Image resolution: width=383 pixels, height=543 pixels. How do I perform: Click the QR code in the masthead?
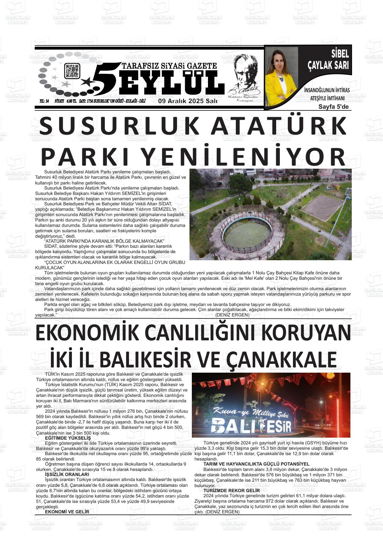(72, 71)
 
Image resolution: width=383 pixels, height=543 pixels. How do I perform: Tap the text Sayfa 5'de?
(334, 107)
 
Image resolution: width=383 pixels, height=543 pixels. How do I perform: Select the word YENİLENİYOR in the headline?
(242, 157)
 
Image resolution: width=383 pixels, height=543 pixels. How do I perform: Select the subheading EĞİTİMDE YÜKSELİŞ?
(68, 438)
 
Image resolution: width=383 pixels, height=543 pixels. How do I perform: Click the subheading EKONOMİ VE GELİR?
(67, 512)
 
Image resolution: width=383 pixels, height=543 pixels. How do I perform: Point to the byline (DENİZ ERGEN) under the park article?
(232, 315)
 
